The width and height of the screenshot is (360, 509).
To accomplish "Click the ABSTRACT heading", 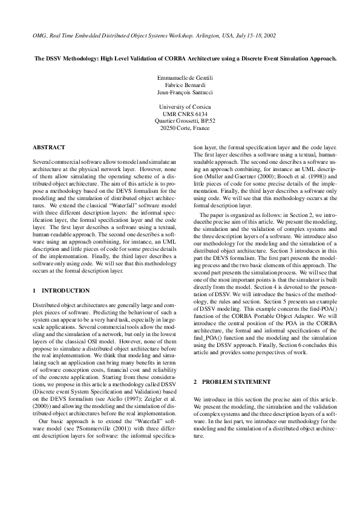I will [x=47, y=147].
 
